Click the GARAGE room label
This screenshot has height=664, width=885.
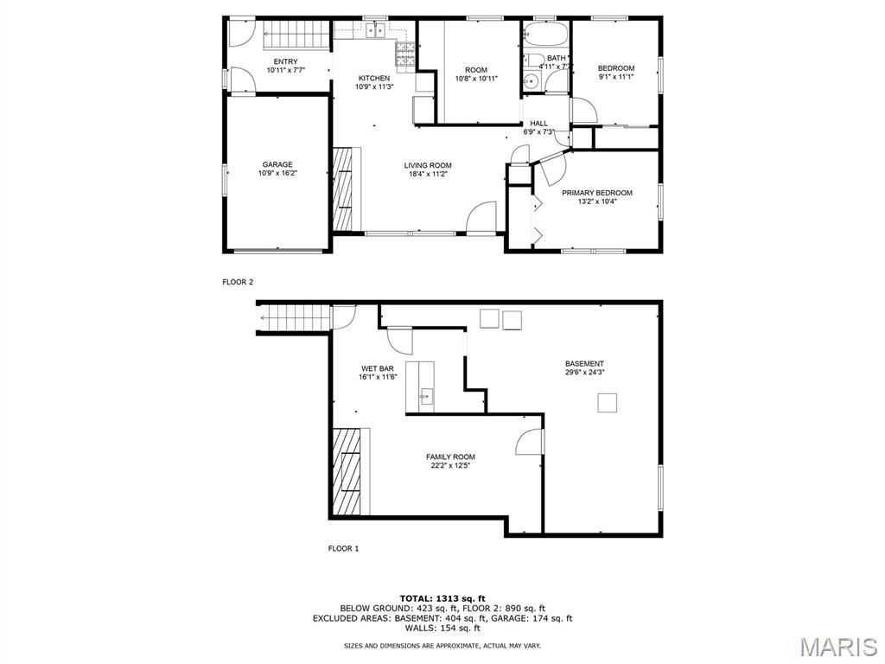[277, 165]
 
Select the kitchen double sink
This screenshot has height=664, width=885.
[375, 30]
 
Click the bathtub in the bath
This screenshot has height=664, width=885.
[545, 34]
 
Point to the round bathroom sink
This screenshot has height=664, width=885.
[531, 82]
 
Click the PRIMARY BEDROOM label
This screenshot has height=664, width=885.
[596, 193]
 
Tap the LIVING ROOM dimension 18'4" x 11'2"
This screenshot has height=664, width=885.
[427, 175]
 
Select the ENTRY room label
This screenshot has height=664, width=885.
[285, 61]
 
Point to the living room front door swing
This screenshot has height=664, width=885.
[481, 217]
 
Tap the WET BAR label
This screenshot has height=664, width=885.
[378, 368]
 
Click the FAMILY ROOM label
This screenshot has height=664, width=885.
[450, 456]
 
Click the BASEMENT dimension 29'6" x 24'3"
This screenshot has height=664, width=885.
[585, 373]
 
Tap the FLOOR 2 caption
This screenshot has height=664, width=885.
[238, 282]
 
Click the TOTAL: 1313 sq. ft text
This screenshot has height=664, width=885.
[442, 598]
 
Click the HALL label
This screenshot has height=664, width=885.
[538, 123]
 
